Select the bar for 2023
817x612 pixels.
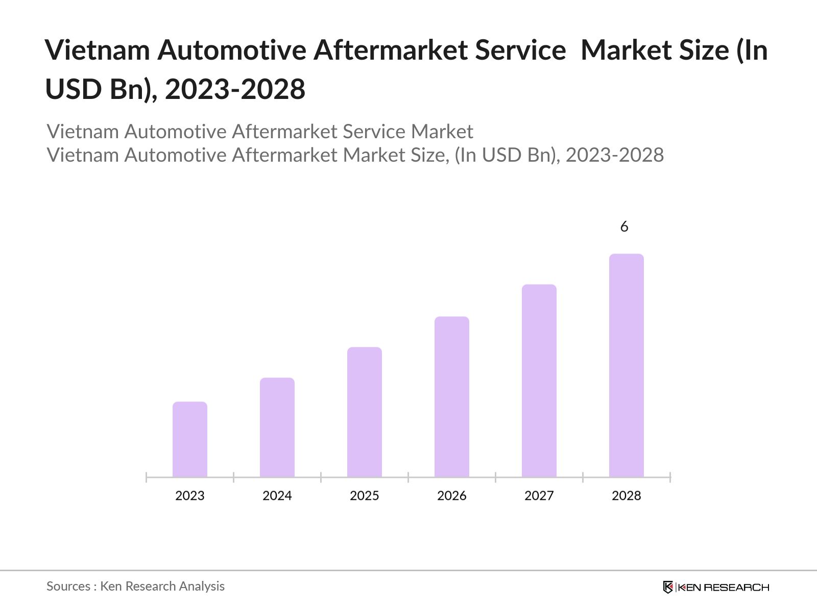coord(190,440)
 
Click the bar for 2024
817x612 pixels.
coord(277,427)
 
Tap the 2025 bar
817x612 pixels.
coord(365,412)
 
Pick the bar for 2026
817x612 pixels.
coord(452,397)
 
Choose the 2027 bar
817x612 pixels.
coord(539,380)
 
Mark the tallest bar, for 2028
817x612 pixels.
coord(627,365)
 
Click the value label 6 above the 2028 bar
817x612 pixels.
coord(624,227)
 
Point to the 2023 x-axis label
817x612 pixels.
coord(190,496)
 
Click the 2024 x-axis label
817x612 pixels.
coord(277,496)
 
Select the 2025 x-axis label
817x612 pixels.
coord(365,496)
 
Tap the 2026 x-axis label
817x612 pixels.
coord(452,496)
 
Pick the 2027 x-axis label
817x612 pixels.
coord(539,496)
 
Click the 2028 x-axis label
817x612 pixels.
coord(627,496)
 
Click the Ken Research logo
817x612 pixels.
coord(716,587)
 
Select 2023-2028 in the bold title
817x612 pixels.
coord(235,89)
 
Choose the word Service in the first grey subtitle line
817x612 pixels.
coord(375,132)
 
